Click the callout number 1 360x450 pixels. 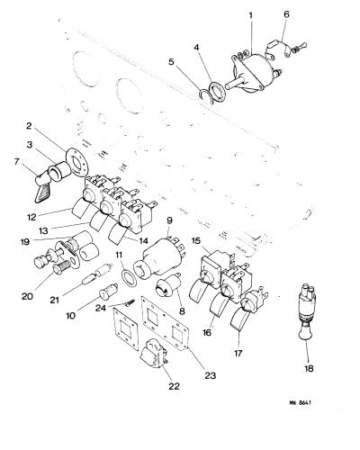(x=251, y=15)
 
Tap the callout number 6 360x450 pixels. (x=286, y=14)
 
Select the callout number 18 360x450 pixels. (x=309, y=368)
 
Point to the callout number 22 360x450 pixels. (x=174, y=386)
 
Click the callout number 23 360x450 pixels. (x=210, y=375)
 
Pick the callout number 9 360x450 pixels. (x=169, y=220)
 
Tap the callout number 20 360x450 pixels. (x=27, y=296)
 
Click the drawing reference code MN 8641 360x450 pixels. (x=300, y=402)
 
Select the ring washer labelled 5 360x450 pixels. (x=205, y=96)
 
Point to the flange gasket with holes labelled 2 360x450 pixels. (x=77, y=162)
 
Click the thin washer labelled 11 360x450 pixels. (x=129, y=277)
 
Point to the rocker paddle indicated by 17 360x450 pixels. (x=240, y=321)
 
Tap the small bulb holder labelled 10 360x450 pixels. (x=109, y=291)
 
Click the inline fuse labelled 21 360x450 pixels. (x=97, y=273)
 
